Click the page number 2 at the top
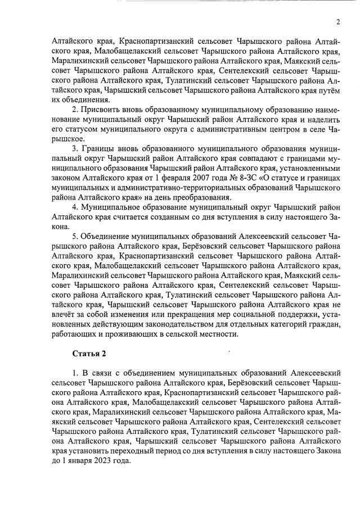(x=338, y=22)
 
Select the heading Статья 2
(x=88, y=353)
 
